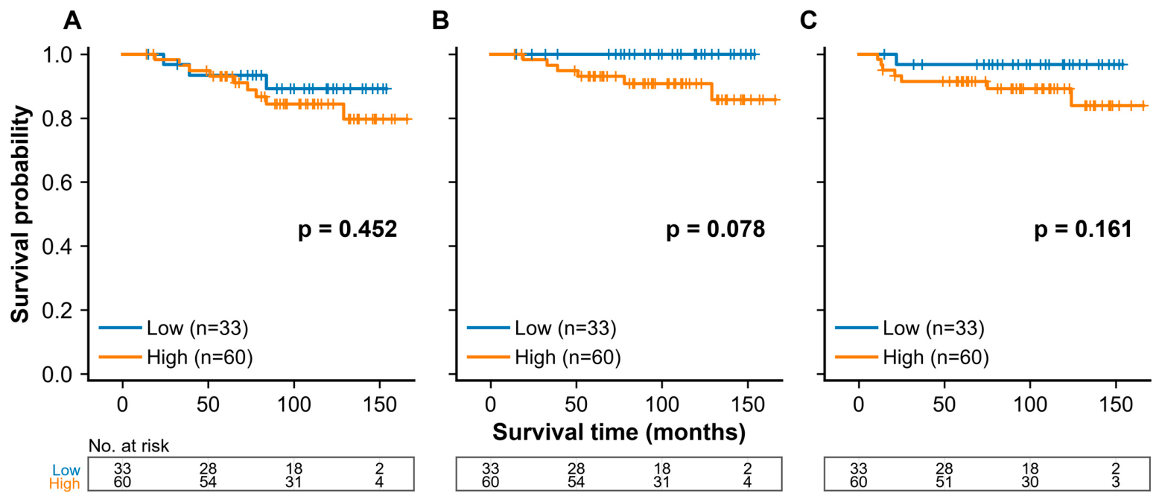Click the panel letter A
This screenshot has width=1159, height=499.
[x=72, y=21]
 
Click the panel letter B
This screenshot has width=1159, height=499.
[x=440, y=21]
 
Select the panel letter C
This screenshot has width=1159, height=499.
[x=808, y=21]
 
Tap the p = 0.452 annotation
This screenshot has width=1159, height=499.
[x=347, y=229]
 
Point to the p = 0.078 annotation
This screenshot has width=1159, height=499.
[x=715, y=229]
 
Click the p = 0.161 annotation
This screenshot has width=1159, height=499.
[x=1083, y=229]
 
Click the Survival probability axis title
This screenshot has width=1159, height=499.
[x=21, y=214]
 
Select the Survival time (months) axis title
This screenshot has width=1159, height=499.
[x=619, y=432]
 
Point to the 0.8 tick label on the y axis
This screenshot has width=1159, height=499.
[x=57, y=119]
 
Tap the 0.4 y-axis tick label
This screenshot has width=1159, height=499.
[x=57, y=247]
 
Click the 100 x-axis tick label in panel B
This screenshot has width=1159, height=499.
[x=662, y=404]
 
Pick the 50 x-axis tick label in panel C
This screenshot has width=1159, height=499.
[x=944, y=404]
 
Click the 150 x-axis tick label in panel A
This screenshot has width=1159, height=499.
[x=380, y=404]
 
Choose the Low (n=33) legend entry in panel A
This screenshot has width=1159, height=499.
[x=174, y=328]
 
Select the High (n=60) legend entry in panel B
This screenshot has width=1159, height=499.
[x=544, y=357]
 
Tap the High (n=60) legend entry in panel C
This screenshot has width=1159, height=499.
[x=912, y=357]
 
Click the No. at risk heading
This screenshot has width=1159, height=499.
[x=129, y=445]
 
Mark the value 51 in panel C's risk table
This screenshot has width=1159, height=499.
[x=944, y=483]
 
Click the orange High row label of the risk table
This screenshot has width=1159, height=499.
[x=64, y=484]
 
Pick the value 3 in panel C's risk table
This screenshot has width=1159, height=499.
[x=1116, y=483]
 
